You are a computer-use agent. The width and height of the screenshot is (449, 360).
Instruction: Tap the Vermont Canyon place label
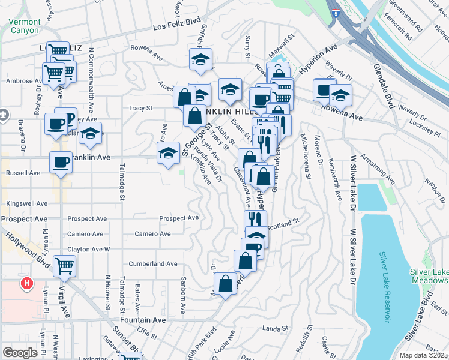click(25, 26)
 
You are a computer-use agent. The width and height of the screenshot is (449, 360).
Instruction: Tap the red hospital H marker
click(26, 283)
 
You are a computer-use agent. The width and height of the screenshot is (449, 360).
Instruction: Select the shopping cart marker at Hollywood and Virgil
click(64, 265)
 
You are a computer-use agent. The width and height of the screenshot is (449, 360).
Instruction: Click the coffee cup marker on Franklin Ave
click(61, 162)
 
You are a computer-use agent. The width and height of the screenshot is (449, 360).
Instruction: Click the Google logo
click(20, 353)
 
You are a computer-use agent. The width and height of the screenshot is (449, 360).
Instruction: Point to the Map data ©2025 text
click(423, 355)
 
